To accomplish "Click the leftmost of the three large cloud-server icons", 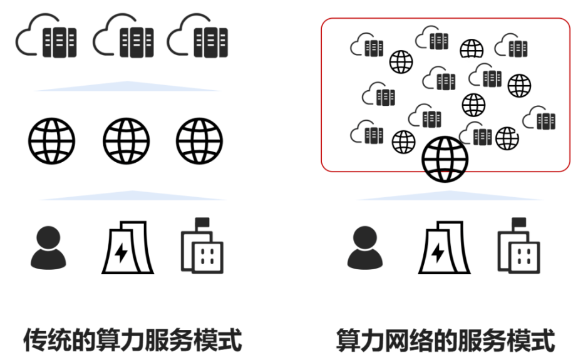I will [46, 38].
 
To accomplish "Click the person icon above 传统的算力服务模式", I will [48, 248].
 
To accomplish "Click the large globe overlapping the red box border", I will [445, 160].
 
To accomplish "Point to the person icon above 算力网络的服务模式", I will [365, 248].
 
